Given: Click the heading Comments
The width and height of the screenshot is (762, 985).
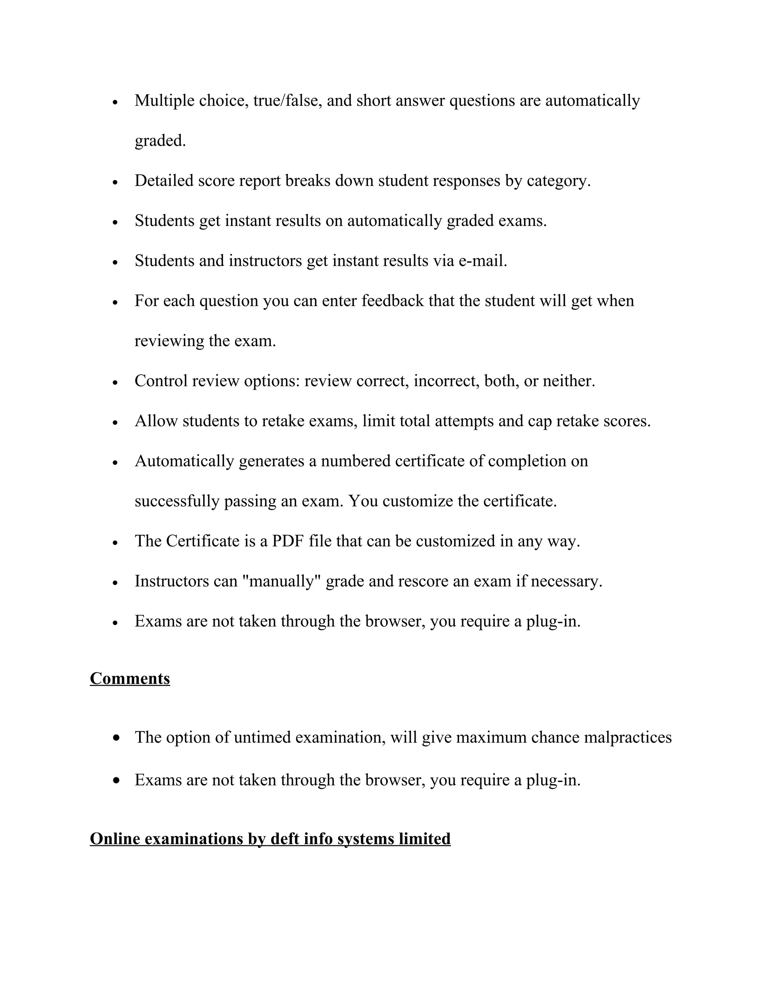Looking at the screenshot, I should pos(129,678).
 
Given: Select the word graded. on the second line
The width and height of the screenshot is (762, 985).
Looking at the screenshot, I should pos(160,141).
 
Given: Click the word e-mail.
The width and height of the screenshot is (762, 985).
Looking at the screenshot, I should pos(483,261).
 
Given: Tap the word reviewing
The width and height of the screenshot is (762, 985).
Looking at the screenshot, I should pos(169,341).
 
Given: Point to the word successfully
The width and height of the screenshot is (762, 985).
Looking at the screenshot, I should pos(177,501).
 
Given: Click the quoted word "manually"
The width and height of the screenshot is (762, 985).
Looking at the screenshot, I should pos(281,581).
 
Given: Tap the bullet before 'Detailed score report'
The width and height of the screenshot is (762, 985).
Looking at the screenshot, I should pos(116,182).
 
